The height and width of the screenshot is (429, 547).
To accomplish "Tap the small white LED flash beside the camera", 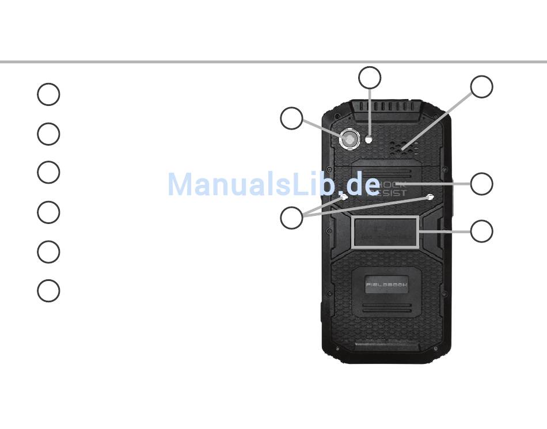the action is [369, 138].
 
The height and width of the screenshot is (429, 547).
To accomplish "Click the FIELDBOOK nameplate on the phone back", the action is [386, 284].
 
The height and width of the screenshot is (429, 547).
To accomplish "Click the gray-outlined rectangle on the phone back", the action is [385, 232].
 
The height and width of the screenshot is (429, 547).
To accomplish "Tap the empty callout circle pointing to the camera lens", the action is [291, 118].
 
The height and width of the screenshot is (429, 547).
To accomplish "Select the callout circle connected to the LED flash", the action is [370, 78].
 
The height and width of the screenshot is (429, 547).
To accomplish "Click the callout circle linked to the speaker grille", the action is [481, 86].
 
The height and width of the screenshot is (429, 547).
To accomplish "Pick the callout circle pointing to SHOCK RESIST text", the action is [481, 184].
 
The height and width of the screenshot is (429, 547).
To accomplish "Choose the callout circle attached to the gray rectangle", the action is [481, 231].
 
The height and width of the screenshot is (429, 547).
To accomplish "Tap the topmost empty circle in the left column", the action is [48, 94].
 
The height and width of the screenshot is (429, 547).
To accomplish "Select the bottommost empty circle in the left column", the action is [48, 291].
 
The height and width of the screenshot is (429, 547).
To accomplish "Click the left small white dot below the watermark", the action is [344, 197].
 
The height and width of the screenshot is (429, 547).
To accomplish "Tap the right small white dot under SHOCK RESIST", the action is [431, 197].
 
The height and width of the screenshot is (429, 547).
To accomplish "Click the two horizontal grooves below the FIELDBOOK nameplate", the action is [386, 308].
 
